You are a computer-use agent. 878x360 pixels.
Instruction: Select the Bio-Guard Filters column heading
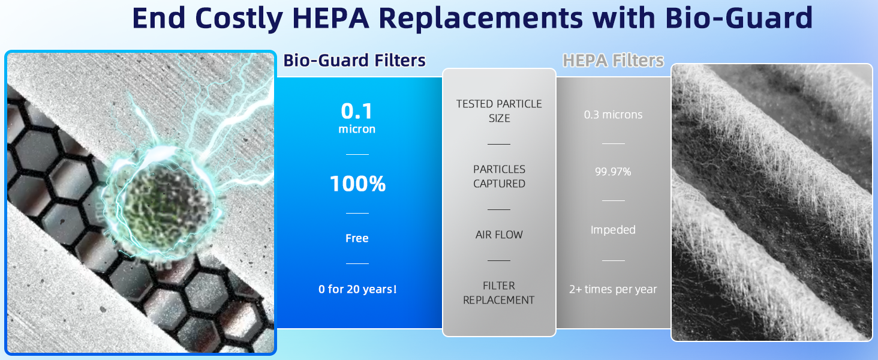tap(354, 61)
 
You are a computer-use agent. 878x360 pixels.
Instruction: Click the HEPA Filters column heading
tap(613, 61)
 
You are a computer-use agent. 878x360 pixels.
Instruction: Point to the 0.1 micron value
tap(357, 118)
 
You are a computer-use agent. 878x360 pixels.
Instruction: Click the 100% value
tap(357, 184)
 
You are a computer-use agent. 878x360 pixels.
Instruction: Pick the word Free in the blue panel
tap(357, 239)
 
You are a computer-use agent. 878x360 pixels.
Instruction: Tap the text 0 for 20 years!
tap(357, 289)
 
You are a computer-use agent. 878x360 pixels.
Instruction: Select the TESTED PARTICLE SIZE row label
tap(499, 111)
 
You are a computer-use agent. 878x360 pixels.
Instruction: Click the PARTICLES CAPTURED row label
tap(499, 176)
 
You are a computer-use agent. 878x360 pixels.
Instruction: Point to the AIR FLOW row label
tap(499, 235)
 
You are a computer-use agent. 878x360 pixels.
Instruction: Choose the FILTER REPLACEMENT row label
tap(499, 293)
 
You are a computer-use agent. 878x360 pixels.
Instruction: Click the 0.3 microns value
tap(613, 115)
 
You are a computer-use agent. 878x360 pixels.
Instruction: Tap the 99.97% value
tap(613, 172)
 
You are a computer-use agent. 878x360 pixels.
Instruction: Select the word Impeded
tap(613, 230)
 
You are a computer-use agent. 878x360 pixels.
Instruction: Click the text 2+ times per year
tap(613, 289)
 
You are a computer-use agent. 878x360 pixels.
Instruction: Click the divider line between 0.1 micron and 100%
tap(357, 154)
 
